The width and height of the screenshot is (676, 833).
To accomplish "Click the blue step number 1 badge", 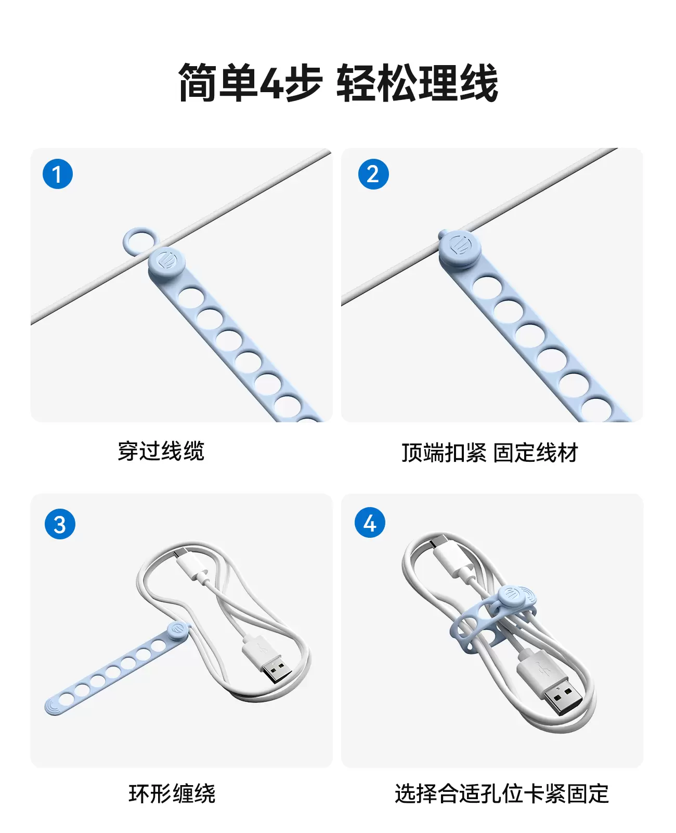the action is [x=57, y=174].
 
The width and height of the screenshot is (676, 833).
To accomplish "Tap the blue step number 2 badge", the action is [x=373, y=174].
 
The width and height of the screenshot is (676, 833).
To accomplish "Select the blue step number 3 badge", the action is [x=60, y=524].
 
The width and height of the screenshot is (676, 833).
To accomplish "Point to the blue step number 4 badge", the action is [x=369, y=523].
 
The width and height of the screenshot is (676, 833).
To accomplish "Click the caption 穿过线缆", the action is [x=161, y=451].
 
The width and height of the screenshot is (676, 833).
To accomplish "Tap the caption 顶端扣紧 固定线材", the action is [x=490, y=453].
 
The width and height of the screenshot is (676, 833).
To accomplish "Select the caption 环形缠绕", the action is [x=172, y=793].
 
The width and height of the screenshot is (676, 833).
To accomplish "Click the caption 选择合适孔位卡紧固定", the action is [x=501, y=793].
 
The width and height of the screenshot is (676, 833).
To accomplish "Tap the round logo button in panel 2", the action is [x=459, y=249].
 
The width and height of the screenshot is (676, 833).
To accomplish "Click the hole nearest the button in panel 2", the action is [x=487, y=288].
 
